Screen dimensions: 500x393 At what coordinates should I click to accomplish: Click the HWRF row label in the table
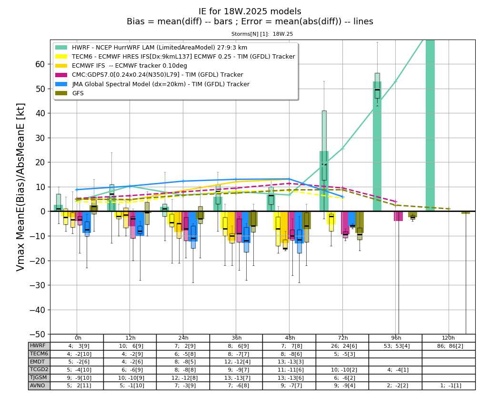point(38,346)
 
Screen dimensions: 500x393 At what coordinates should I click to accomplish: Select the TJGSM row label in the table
point(39,377)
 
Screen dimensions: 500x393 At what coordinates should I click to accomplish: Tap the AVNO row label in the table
point(38,385)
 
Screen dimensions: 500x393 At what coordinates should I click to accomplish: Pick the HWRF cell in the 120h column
point(449,346)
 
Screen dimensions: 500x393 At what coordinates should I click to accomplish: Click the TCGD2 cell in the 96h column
point(395,370)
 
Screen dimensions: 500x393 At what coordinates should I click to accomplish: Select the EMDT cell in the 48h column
point(289,362)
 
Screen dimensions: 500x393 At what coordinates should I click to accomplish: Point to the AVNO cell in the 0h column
point(77,385)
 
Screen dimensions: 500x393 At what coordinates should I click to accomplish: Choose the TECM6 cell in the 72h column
point(342,354)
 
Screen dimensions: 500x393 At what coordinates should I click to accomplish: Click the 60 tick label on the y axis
point(40,64)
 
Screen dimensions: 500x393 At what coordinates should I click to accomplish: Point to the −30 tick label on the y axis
point(37,285)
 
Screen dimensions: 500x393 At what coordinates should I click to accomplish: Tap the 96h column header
point(396,338)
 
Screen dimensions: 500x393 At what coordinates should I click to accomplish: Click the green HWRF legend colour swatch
point(61,48)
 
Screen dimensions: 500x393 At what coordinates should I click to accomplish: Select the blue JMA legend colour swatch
point(61,84)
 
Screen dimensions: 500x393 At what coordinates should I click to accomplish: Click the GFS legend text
point(78,93)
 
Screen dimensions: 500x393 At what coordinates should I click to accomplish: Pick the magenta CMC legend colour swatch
point(61,75)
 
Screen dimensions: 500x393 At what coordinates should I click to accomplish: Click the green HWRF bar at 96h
point(377,146)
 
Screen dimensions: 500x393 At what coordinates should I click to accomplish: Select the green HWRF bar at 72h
point(324,181)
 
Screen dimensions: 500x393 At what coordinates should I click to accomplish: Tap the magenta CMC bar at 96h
point(398,216)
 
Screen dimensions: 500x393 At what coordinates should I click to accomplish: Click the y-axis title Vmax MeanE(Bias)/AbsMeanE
point(20,187)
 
